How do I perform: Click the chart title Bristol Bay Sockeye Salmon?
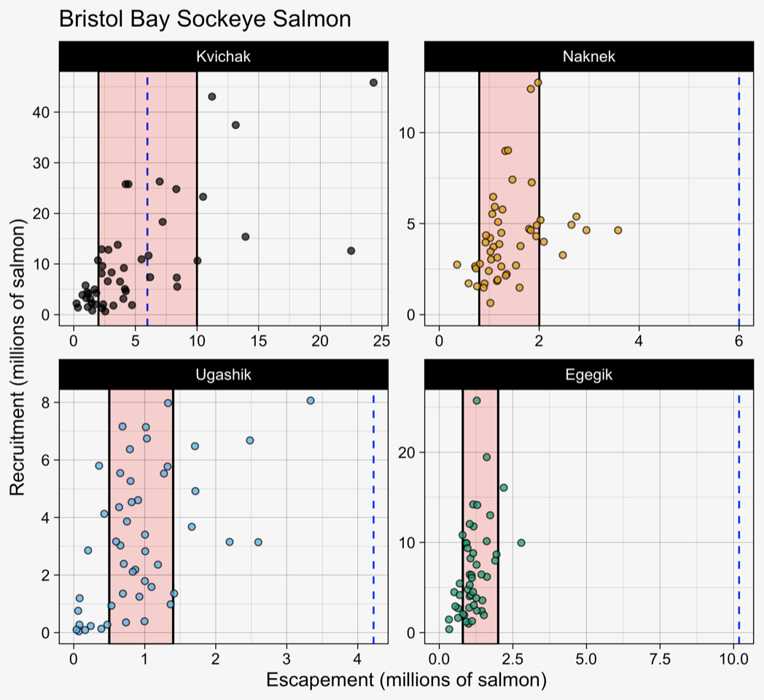[204, 19]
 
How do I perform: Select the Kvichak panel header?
[223, 57]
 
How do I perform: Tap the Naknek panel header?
[588, 57]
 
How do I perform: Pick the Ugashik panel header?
[223, 376]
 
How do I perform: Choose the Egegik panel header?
[588, 376]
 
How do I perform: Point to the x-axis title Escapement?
[406, 680]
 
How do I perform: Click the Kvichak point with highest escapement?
[373, 82]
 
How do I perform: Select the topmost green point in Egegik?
[477, 400]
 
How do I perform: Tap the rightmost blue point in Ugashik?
[311, 400]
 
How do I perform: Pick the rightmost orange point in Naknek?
[618, 230]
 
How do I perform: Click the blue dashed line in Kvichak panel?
[147, 197]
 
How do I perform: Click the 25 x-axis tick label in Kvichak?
[382, 341]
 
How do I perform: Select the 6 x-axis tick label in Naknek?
[738, 341]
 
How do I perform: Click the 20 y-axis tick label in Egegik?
[409, 452]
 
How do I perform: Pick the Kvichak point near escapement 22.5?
[351, 250]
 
